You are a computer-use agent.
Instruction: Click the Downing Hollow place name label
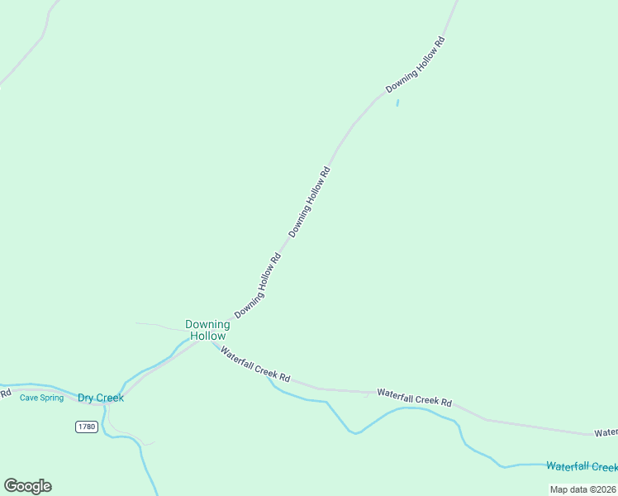207,331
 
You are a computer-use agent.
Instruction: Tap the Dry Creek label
101,398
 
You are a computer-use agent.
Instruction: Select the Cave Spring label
41,398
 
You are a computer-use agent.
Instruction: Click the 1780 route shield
86,427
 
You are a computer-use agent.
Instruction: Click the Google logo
27,486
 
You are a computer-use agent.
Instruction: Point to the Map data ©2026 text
582,489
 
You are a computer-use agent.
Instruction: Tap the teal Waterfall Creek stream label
581,466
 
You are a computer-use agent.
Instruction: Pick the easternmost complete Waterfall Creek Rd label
415,397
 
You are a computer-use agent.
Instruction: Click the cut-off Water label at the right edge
606,432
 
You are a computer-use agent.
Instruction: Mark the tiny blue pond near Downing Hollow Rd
397,103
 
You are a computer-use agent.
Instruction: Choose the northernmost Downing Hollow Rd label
416,64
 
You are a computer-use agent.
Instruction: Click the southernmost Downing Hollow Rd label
259,286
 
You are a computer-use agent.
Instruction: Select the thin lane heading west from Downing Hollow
157,325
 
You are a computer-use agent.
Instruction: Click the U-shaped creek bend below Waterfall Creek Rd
354,430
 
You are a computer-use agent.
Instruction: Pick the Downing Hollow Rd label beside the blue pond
416,64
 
